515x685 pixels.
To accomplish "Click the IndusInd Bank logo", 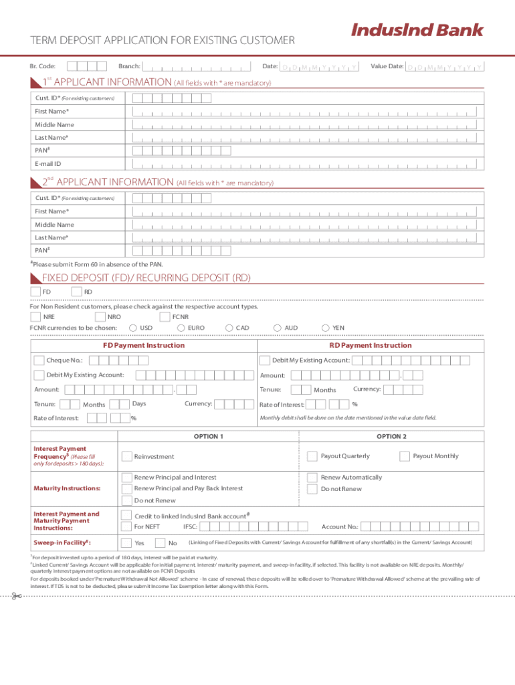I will tap(417, 30).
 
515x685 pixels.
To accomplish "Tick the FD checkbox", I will tap(35, 292).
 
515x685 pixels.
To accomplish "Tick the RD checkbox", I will tap(76, 292).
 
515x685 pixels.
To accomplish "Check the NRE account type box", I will tap(35, 316).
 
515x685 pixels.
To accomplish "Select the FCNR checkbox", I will tap(165, 316).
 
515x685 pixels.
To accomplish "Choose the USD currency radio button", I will tap(133, 328).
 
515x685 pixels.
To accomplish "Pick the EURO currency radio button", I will tap(181, 328).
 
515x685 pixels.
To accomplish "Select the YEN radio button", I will tap(326, 328).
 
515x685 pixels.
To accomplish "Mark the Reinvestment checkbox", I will tap(126, 456).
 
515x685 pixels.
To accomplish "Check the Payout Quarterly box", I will tap(312, 456).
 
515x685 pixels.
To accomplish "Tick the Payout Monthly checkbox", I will tap(404, 456).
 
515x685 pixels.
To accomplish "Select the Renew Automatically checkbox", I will tap(312, 478).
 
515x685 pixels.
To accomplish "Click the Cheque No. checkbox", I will tap(39, 361).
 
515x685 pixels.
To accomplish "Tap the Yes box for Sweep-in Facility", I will tap(126, 543).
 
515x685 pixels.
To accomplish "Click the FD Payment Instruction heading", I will tap(143, 346).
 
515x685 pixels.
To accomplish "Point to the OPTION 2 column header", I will tap(391, 436).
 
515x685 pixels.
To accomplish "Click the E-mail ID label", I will tap(48, 164).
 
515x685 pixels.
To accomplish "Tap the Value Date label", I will tap(387, 66).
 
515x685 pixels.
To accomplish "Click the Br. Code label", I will tap(43, 66).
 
